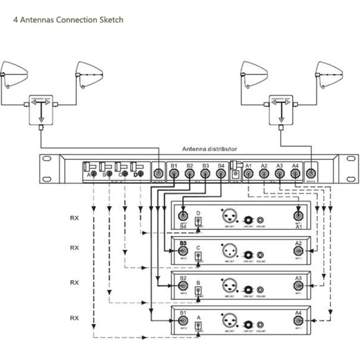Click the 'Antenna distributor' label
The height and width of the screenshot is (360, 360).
click(x=209, y=149)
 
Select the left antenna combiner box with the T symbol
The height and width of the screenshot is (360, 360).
click(x=41, y=109)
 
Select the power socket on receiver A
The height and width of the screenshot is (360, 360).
click(x=198, y=326)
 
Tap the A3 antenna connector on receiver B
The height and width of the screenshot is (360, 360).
click(x=298, y=286)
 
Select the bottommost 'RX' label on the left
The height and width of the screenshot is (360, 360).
click(x=74, y=318)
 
